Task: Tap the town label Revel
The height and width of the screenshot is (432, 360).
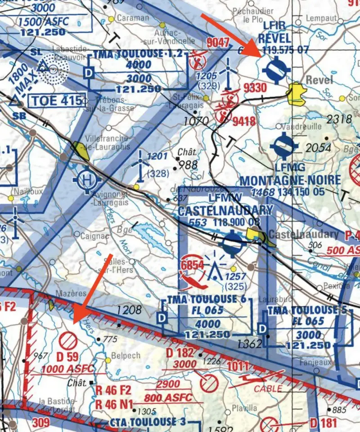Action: coord(319,80)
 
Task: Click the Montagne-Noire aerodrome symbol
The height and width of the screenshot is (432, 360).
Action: coord(284,147)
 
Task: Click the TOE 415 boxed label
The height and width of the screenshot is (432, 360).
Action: coord(56,101)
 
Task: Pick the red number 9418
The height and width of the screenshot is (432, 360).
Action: coord(244,120)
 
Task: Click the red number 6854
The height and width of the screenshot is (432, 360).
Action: coord(192,266)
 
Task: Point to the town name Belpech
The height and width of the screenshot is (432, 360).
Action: coord(126,356)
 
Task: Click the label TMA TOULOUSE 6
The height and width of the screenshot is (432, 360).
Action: coord(202,299)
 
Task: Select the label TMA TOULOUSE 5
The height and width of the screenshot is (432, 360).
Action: coord(302,310)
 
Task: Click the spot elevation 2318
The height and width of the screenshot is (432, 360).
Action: coord(340,119)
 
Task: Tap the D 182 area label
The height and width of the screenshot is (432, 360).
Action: coord(179,353)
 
